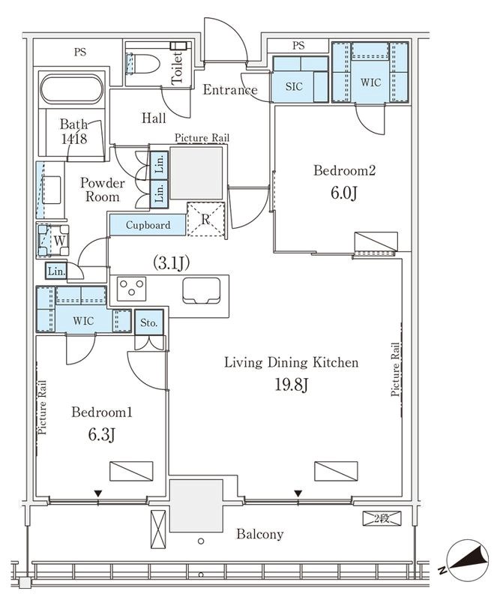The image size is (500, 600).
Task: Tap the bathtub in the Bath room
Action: point(71,89)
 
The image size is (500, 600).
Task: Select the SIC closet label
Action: point(294,86)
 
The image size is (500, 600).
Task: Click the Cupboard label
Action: point(148,225)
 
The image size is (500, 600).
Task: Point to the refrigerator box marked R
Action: point(206,219)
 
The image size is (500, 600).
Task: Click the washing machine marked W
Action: point(53,241)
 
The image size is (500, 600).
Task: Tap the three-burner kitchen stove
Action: point(132,288)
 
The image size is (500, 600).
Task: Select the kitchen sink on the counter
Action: point(201,290)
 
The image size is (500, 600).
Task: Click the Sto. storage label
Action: point(149,323)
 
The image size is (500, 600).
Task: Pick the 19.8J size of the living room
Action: point(292,385)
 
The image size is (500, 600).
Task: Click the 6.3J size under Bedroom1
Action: point(102,435)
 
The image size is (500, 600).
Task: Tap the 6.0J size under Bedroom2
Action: point(344,193)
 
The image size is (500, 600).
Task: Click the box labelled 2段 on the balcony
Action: point(382,519)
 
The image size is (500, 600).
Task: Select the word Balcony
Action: point(260,534)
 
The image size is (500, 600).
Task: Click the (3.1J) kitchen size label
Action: point(171,263)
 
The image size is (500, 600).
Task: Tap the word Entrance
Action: point(230,90)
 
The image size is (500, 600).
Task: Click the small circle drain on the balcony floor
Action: point(201,541)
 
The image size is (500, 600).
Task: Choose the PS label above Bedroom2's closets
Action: point(298,46)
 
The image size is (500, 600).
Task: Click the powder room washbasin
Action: point(51,190)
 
